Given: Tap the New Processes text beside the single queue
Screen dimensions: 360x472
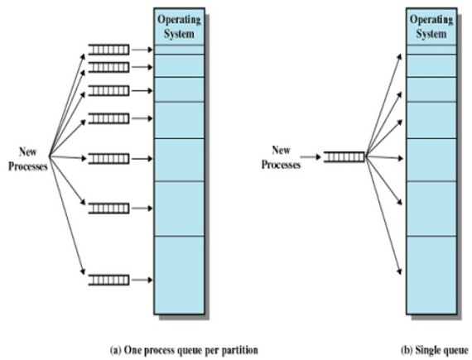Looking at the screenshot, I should tap(281, 156).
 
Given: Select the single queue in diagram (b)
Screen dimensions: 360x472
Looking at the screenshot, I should tap(343, 156).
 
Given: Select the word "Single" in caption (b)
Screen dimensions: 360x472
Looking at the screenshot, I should tap(429, 350).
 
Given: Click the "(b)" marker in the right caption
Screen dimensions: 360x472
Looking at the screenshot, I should tap(408, 350).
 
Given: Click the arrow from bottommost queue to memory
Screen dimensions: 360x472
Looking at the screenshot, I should tap(141, 278).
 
